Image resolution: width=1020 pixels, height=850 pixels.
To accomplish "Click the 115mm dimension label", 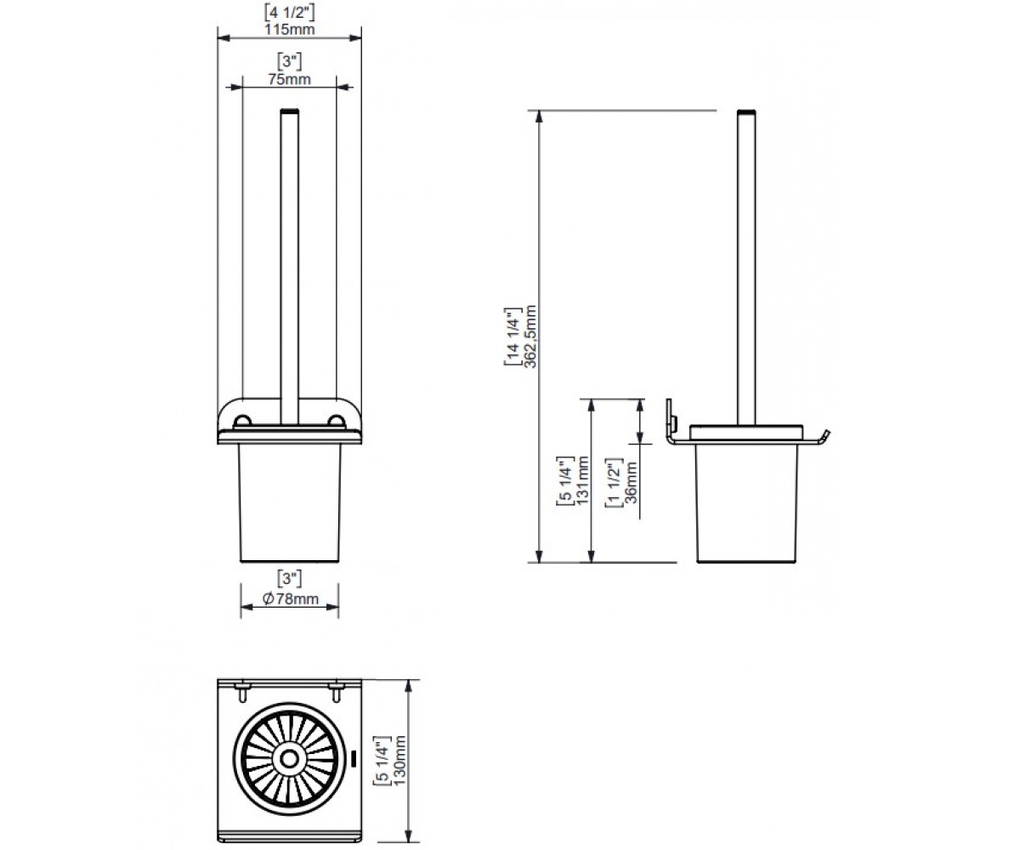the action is pos(289,29).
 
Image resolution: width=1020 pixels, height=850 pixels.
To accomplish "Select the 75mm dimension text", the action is pos(289,79).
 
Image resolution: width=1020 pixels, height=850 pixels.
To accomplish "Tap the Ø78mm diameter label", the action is pos(290,598).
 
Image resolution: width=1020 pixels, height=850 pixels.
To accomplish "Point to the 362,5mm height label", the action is pos(530,336).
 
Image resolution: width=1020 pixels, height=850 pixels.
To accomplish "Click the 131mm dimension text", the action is pos(582,480).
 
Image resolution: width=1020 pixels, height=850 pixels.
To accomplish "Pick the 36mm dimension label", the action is pos(631,482).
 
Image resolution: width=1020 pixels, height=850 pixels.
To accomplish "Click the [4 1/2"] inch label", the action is pos(289,12).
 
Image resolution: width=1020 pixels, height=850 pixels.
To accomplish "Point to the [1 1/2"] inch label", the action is pos(614,482).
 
